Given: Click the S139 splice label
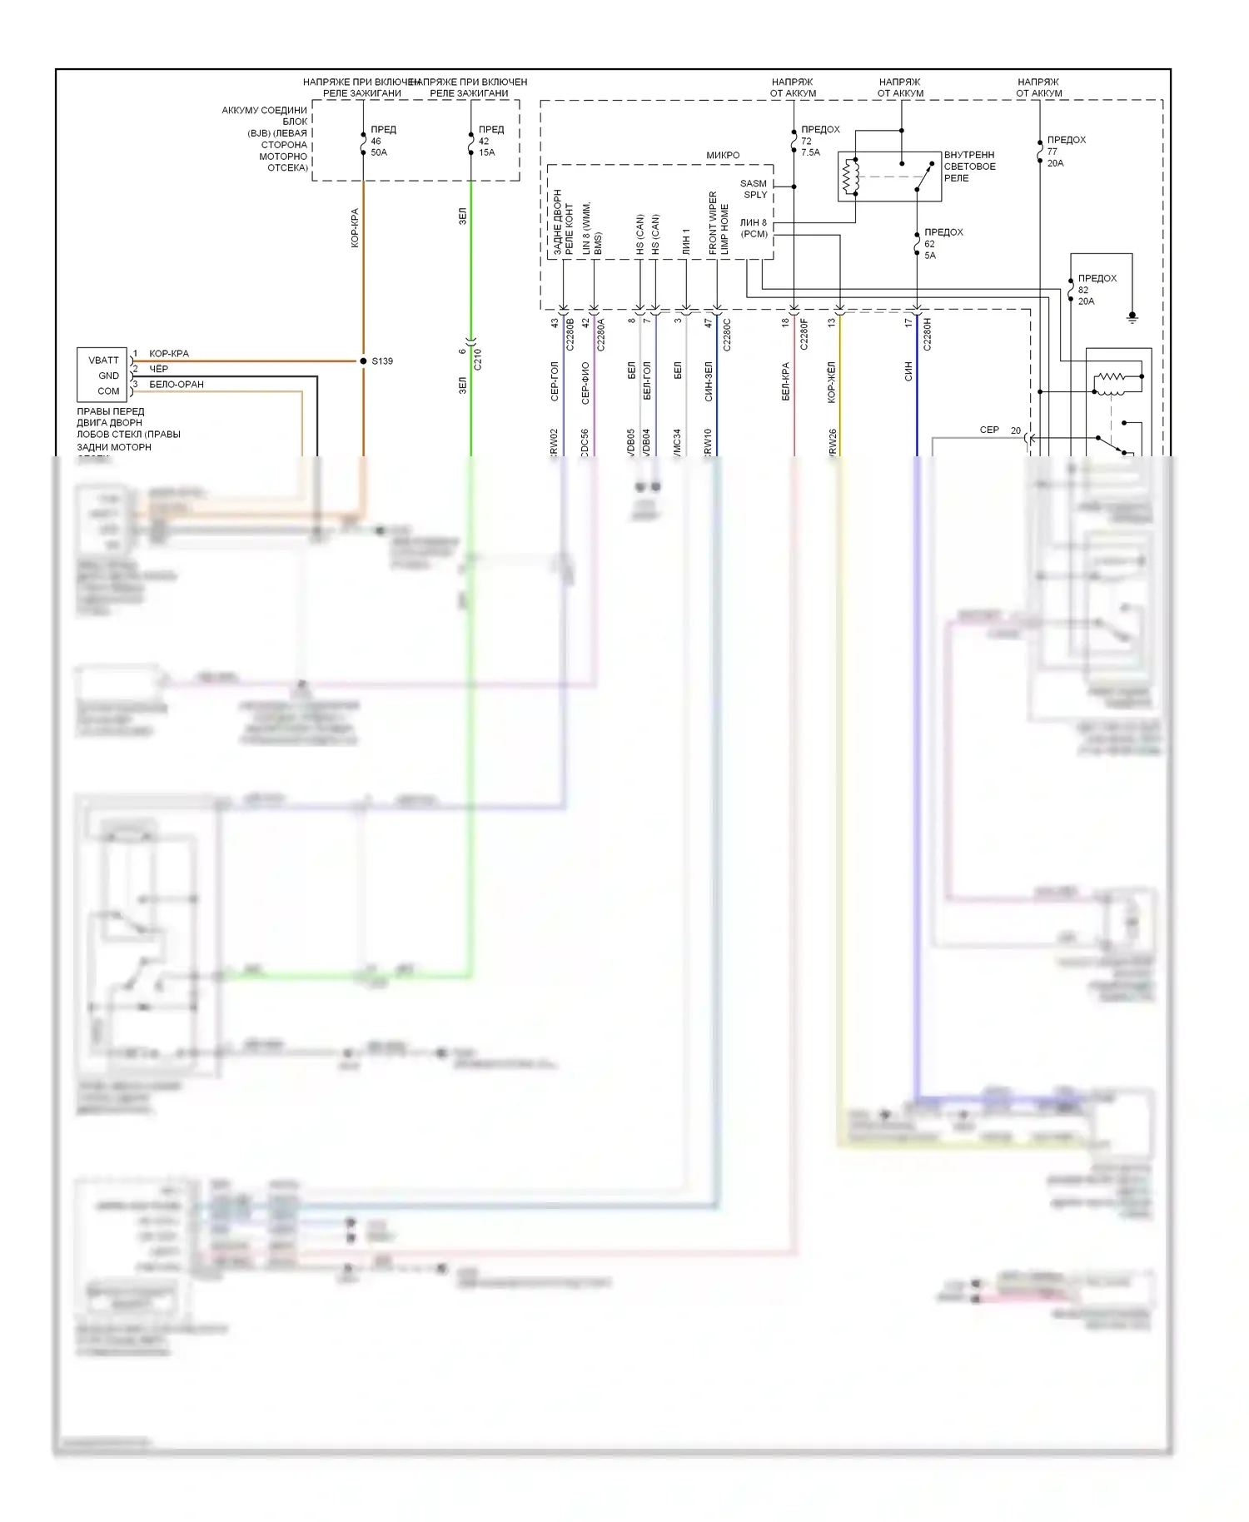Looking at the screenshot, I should (x=382, y=361).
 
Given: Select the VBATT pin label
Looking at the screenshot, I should (x=104, y=361).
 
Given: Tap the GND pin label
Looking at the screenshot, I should (x=108, y=376).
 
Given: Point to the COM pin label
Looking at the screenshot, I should (x=108, y=391).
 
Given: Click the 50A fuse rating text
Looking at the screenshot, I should (x=379, y=152).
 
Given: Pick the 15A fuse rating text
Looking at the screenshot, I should (x=486, y=152).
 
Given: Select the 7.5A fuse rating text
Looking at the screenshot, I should (x=810, y=152).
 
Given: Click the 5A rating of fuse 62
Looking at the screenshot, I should (x=930, y=256).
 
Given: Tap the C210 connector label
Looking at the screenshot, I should (x=478, y=360).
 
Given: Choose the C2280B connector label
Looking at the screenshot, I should (x=570, y=334).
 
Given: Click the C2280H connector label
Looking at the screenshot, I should (x=928, y=334).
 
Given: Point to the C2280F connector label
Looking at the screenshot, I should (x=804, y=334).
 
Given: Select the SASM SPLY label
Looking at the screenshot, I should (x=754, y=189).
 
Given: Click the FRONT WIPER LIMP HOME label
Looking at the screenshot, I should (x=719, y=223).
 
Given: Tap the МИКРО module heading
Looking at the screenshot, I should (x=723, y=156).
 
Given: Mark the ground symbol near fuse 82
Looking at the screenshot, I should (x=1132, y=317).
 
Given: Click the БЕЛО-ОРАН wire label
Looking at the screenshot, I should (x=177, y=385).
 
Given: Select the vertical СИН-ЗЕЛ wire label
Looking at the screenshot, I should (x=709, y=381).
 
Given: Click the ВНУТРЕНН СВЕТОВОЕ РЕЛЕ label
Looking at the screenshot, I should (x=969, y=167).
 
